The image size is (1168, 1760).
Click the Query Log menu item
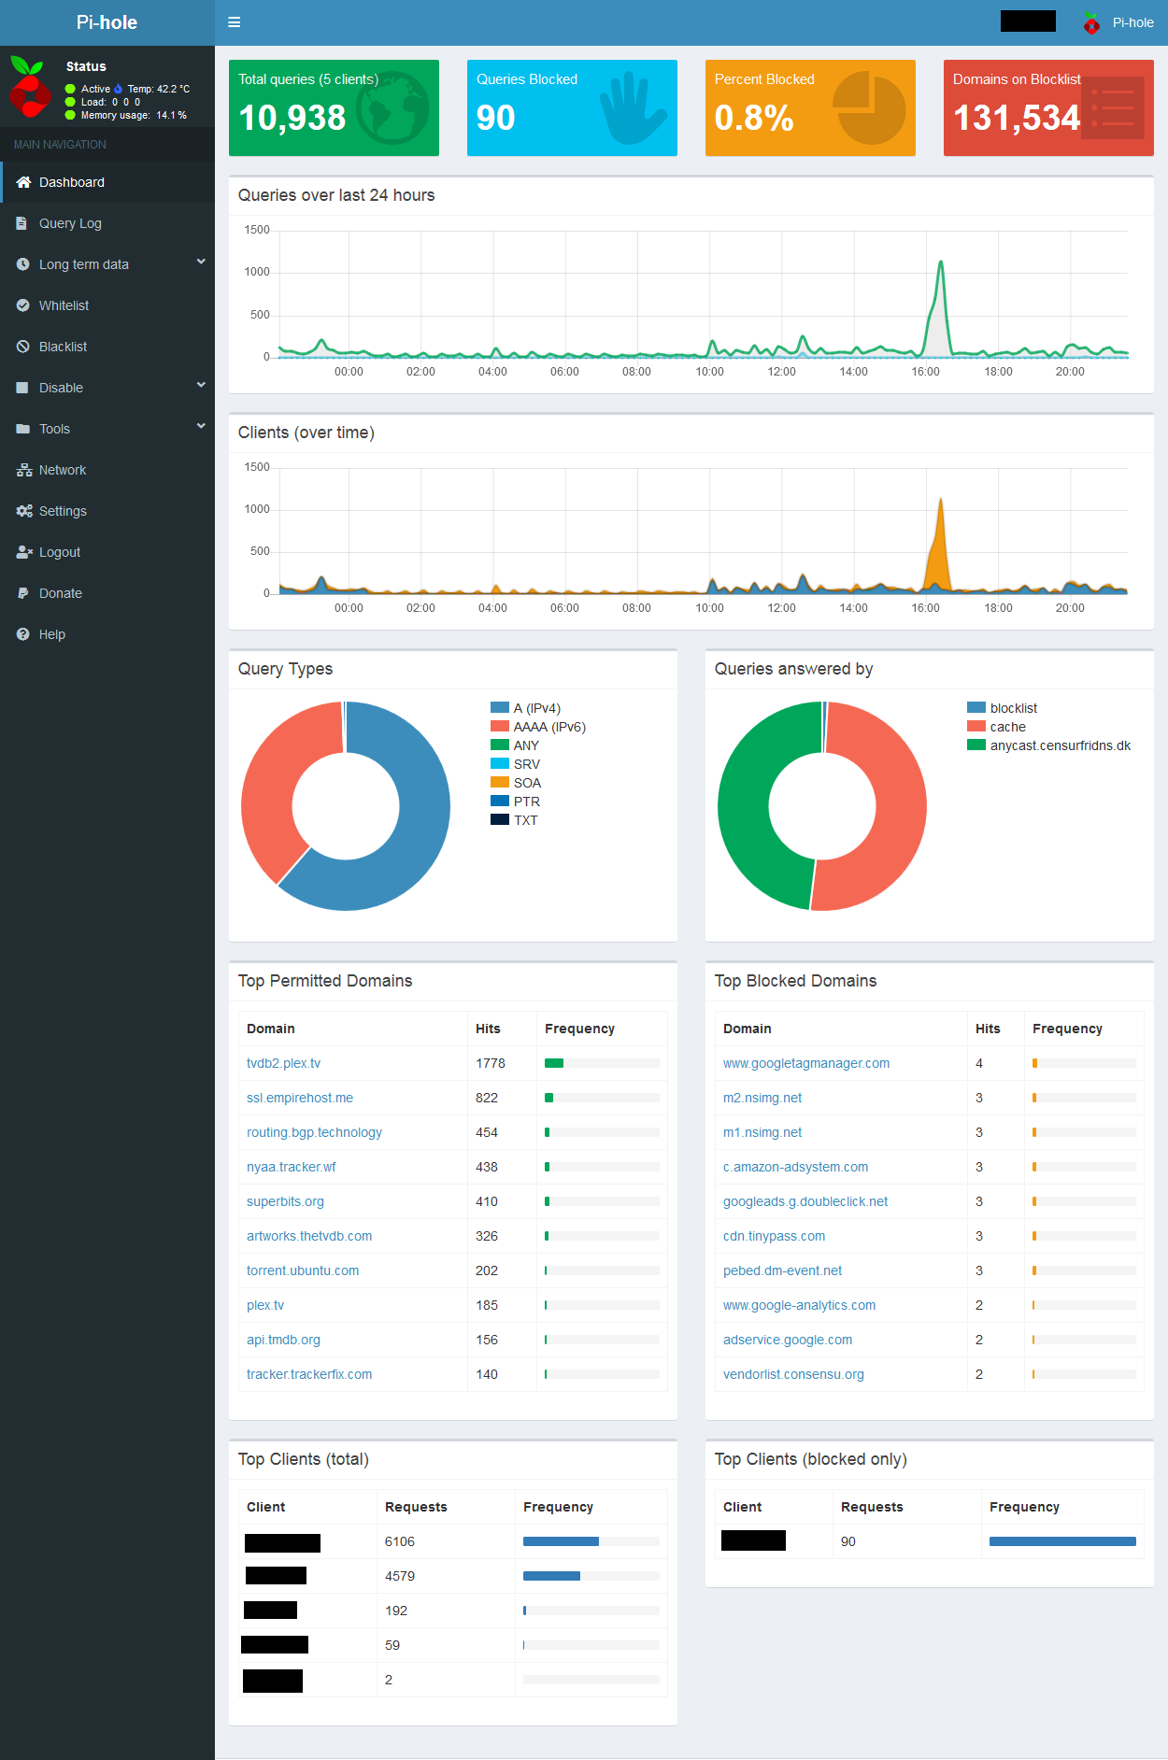tap(70, 223)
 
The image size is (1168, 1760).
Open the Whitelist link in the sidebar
tap(64, 305)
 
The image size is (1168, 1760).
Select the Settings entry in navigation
tap(63, 511)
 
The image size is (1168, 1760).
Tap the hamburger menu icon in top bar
tap(235, 22)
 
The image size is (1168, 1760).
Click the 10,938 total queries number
tap(292, 118)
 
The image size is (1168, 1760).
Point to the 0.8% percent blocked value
tap(753, 118)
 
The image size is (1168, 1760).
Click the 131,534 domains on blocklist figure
tap(1017, 118)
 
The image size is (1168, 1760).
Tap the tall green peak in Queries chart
tap(941, 266)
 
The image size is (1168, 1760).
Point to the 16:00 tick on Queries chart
tap(925, 372)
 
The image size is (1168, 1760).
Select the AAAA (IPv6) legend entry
tap(548, 727)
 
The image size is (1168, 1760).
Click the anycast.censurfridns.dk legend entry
tap(1060, 745)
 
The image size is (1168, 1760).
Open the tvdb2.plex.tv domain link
tap(283, 1063)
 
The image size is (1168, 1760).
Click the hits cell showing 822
tap(487, 1098)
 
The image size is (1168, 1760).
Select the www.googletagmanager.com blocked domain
tap(805, 1063)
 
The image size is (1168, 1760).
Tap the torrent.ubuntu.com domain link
tap(303, 1270)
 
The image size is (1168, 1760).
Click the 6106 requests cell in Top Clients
tap(400, 1541)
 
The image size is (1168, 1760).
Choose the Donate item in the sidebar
tap(61, 593)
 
